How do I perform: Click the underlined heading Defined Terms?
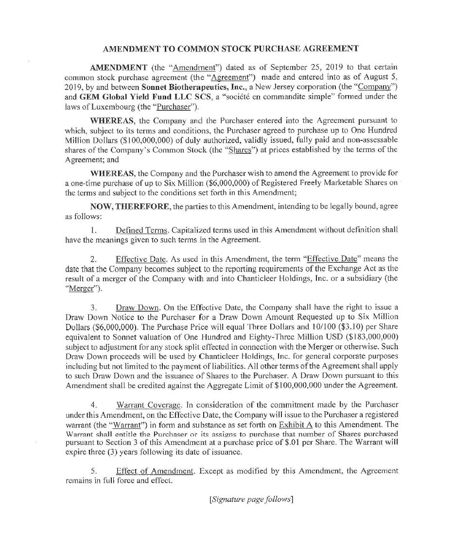pyautogui.click(x=141, y=229)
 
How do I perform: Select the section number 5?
pyautogui.click(x=94, y=471)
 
